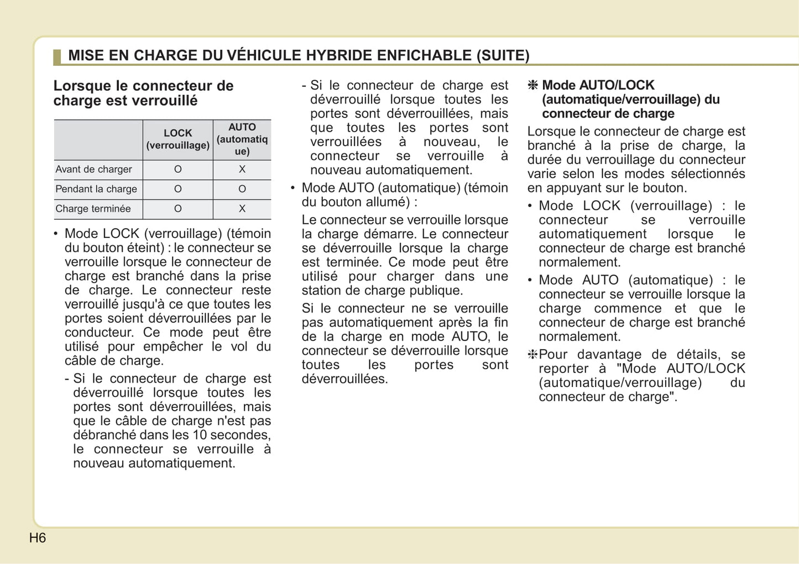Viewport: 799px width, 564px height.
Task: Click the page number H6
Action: (38, 538)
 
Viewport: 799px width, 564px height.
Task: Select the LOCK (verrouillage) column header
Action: (177, 139)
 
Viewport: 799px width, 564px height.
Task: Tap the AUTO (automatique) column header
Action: (242, 139)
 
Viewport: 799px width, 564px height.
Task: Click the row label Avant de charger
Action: (93, 169)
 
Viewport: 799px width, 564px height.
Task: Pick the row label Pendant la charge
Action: (96, 189)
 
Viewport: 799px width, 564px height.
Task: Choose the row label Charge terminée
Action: (93, 209)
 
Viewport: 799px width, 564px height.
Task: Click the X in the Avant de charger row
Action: (242, 169)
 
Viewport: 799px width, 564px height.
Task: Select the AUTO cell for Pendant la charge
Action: (242, 189)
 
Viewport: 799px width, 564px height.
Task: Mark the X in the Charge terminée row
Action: (242, 209)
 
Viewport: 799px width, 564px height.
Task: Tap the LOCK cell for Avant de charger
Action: (178, 169)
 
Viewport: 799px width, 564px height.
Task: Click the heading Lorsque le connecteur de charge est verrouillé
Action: (143, 93)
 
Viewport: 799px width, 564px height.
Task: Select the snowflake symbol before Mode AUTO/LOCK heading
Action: (533, 85)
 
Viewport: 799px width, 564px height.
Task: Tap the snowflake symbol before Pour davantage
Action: (532, 355)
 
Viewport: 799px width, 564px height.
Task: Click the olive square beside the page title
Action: (57, 56)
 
